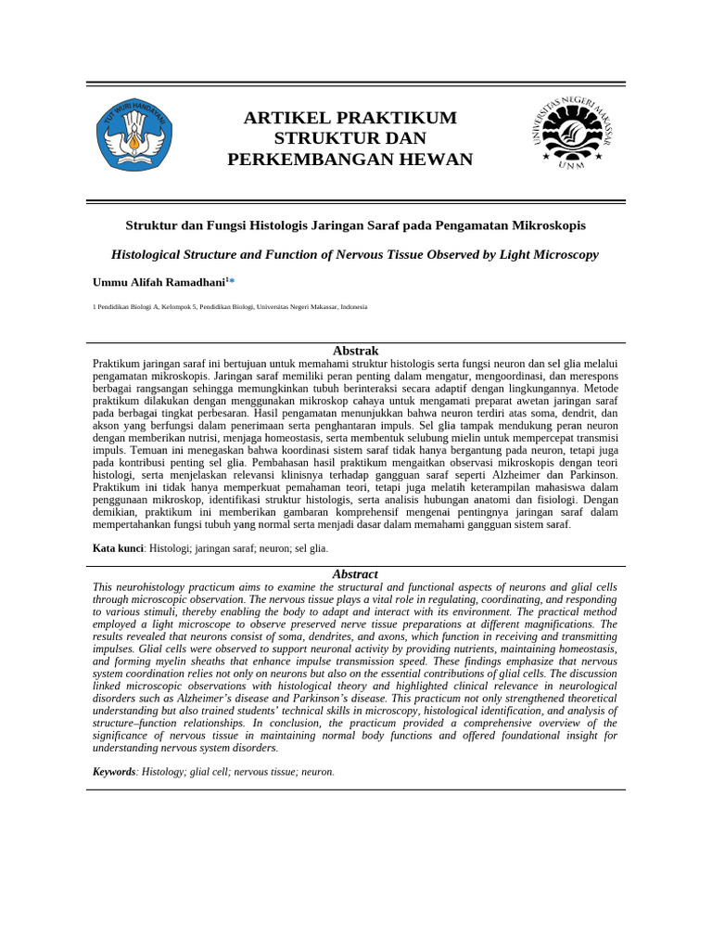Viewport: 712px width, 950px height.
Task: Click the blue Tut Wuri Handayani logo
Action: tap(135, 135)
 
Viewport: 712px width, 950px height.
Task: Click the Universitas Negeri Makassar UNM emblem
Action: tap(572, 132)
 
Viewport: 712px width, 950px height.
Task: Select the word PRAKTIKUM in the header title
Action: tap(402, 118)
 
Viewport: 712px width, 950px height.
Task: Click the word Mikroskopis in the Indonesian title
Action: tap(544, 225)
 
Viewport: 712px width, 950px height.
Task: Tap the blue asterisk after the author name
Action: tap(232, 280)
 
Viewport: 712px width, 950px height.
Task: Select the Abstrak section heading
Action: tap(356, 351)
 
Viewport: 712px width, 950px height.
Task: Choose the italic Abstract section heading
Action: tap(356, 574)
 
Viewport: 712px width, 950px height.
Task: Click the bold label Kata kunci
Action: tap(118, 548)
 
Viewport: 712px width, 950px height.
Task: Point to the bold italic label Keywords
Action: tap(114, 771)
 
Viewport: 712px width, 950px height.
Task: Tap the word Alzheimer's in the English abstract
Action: tap(204, 697)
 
